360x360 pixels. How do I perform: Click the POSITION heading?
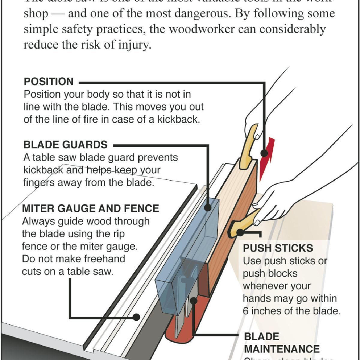coord(49,82)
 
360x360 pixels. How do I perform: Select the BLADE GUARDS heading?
coord(65,145)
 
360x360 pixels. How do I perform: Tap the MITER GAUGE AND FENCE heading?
coord(91,208)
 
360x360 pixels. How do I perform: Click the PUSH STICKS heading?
coord(278,248)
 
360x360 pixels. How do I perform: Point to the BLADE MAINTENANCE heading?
coord(281,343)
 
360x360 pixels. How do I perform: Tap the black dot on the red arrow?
coord(264,153)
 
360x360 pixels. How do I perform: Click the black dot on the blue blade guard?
coord(208,207)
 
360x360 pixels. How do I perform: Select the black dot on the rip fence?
coord(137,317)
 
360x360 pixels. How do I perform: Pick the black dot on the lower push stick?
coord(240,232)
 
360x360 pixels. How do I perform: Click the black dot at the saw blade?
coord(194,300)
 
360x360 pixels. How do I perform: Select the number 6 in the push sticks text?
coord(246,311)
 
